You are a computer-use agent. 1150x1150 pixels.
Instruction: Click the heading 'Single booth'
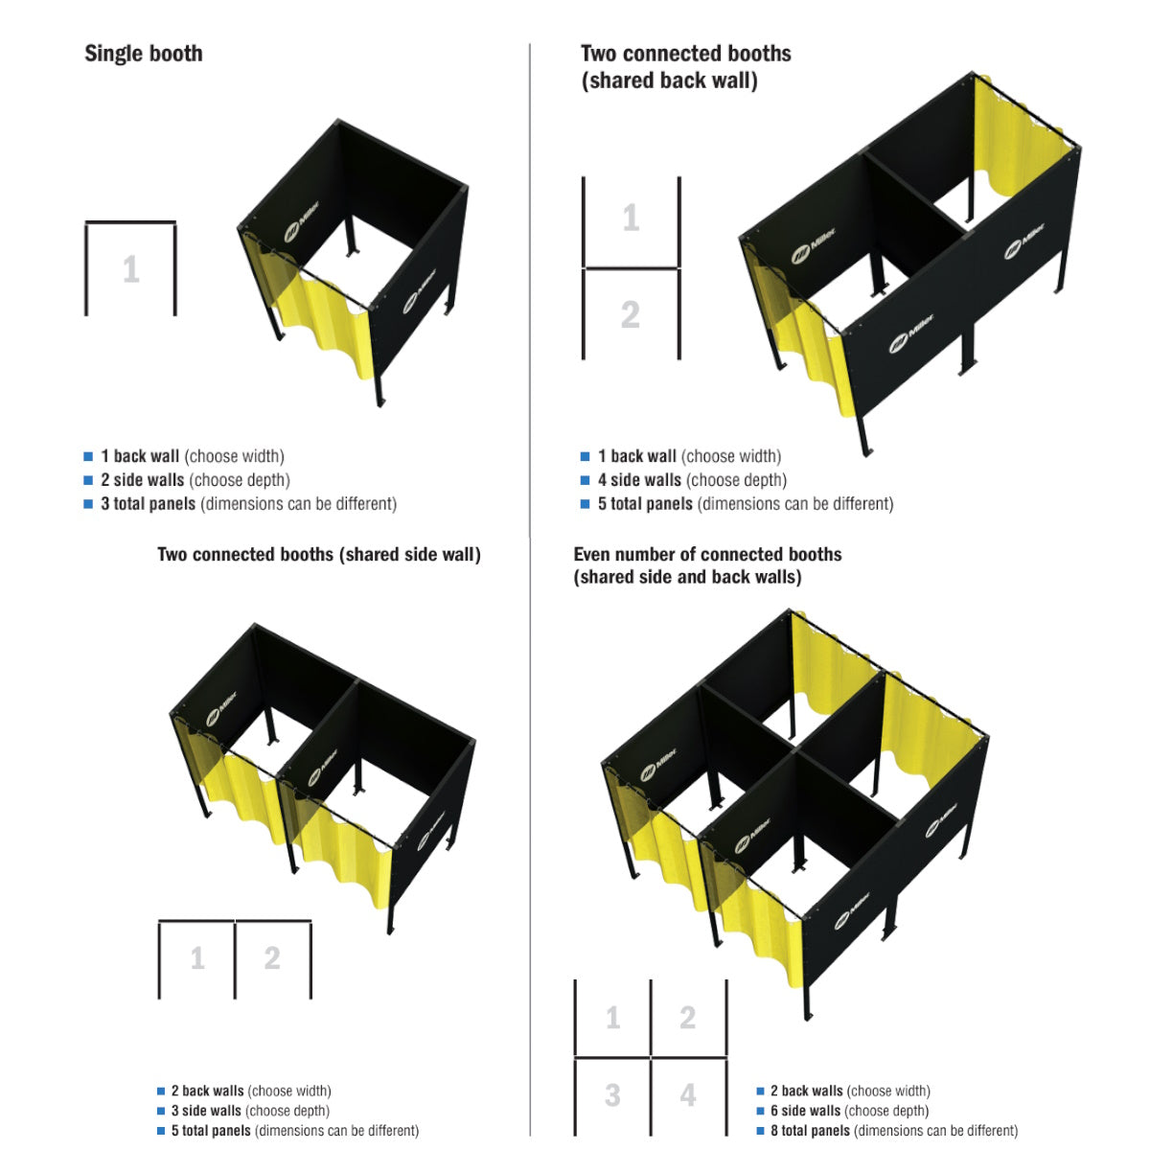coord(144,54)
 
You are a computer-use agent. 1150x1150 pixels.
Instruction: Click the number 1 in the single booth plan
coord(131,269)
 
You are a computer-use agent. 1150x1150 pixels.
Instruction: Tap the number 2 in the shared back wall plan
coord(630,314)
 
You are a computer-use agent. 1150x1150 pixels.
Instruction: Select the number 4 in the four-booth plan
coord(688,1094)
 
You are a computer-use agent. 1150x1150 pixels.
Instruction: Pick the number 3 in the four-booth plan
coord(612,1094)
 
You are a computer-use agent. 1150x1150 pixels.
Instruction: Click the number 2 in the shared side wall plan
coord(272,957)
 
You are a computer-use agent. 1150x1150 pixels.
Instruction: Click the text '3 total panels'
coord(149,504)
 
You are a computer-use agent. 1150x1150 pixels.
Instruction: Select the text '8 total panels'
coord(810,1131)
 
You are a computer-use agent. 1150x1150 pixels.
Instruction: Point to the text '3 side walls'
coord(206,1111)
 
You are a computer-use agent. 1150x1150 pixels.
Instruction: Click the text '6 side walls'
coord(805,1111)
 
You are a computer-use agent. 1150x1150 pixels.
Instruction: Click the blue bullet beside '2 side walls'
coord(88,480)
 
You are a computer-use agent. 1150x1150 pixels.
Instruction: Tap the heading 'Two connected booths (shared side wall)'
coord(319,555)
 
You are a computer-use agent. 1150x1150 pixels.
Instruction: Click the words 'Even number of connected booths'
coord(707,555)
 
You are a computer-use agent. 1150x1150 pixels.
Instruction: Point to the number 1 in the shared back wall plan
coord(631,218)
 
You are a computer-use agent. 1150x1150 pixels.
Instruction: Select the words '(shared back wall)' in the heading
coord(669,81)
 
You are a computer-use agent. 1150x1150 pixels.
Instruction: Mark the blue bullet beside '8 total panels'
coord(760,1131)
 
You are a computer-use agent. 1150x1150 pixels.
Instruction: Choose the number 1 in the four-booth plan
coord(612,1017)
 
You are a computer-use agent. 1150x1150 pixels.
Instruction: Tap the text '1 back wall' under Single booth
coord(140,456)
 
